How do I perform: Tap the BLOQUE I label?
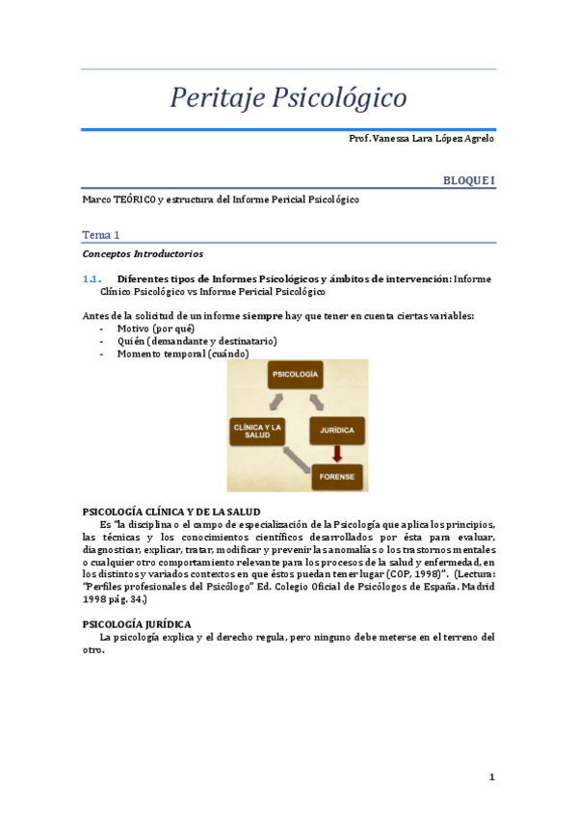(x=469, y=180)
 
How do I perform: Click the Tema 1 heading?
(x=101, y=234)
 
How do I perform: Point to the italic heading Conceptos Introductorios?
(x=143, y=254)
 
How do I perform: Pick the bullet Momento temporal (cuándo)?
(x=183, y=354)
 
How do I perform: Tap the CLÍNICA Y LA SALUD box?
(x=257, y=431)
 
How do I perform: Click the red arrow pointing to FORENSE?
(x=336, y=453)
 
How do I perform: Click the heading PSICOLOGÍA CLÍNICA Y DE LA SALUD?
(x=171, y=511)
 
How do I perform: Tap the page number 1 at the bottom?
(x=490, y=777)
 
